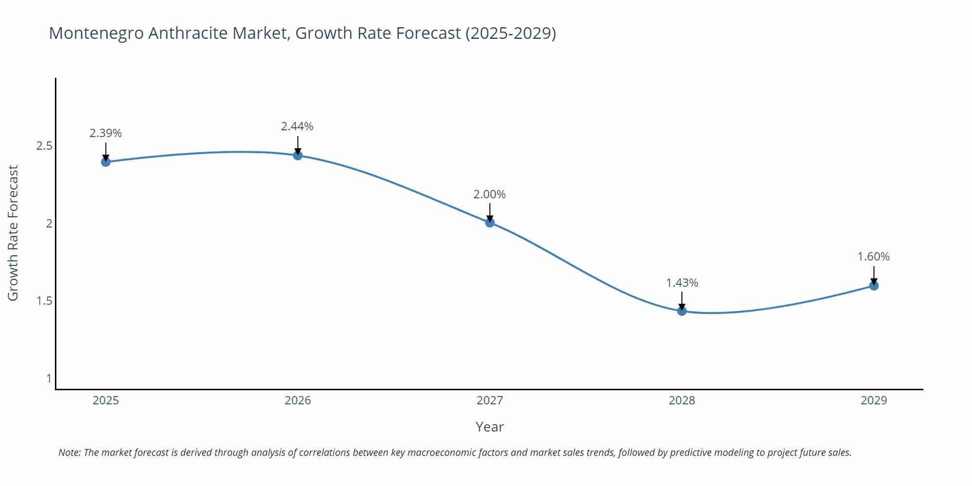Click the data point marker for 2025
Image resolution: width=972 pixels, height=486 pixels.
point(105,161)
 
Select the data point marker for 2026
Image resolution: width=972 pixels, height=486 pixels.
point(298,155)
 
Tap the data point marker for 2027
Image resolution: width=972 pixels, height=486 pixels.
point(489,222)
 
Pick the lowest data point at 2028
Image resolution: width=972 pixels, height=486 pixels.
point(682,311)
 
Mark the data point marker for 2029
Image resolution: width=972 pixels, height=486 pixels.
point(873,285)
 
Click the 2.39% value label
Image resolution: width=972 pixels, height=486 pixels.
point(105,133)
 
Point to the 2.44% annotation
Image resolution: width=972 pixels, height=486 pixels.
point(297,126)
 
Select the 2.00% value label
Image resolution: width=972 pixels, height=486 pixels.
point(489,194)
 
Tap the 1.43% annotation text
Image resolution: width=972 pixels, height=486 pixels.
point(682,283)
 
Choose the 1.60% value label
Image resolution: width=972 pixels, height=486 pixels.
point(873,257)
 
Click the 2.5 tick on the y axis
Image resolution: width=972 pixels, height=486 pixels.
point(44,146)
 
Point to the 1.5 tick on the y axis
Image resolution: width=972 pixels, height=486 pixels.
point(44,301)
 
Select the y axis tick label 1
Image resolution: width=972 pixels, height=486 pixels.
point(49,378)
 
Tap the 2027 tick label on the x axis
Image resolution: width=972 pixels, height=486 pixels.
point(489,400)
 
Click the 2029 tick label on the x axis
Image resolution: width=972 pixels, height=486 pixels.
point(873,400)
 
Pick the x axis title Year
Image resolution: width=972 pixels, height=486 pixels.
point(489,427)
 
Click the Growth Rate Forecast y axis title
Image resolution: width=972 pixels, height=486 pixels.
point(13,233)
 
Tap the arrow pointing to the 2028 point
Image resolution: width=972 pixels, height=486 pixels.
point(682,300)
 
